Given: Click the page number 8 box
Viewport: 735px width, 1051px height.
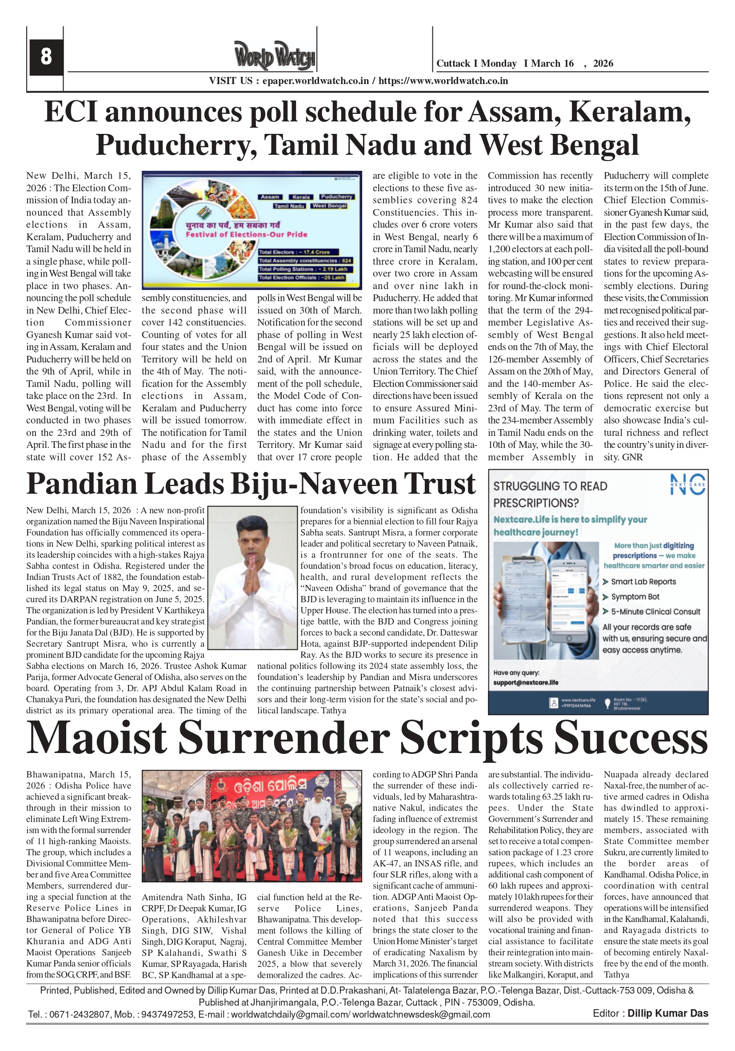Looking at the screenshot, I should [x=46, y=57].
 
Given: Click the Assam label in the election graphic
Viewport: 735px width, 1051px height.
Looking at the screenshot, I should [x=270, y=197].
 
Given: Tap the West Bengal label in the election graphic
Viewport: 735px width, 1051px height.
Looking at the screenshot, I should [x=329, y=206].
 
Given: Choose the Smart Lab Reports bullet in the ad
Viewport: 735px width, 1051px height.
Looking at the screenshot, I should [x=643, y=582].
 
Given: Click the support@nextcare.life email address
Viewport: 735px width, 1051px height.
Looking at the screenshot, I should [x=526, y=683].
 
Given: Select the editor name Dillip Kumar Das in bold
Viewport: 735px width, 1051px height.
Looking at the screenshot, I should [x=668, y=1014].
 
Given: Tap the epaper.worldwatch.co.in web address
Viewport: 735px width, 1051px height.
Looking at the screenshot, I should [x=316, y=81].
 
